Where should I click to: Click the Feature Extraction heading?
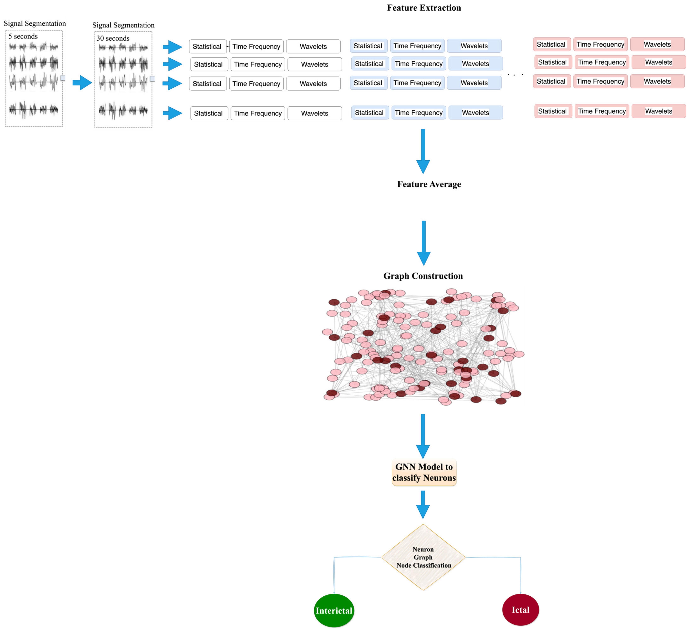point(424,8)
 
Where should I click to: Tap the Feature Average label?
point(429,184)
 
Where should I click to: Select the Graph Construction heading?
point(423,276)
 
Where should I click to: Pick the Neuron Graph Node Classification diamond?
point(423,557)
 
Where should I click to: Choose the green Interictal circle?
point(334,610)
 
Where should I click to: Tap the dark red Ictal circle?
point(521,610)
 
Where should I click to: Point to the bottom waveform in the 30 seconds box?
point(123,110)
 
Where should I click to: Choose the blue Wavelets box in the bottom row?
point(475,112)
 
